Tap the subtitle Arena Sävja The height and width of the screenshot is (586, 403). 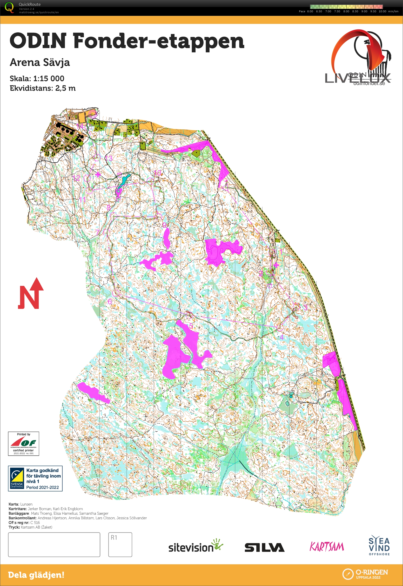(x=40, y=62)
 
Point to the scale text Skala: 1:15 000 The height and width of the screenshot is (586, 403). (x=37, y=79)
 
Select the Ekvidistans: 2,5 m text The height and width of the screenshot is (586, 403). (x=42, y=88)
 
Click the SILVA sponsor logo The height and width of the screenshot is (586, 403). (x=264, y=548)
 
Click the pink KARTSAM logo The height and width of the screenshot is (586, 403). (x=327, y=547)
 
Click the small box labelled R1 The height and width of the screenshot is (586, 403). (x=120, y=545)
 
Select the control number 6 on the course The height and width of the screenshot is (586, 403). (x=110, y=302)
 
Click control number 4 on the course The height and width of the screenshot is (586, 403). (x=282, y=337)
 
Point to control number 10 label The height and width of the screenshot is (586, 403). (x=157, y=172)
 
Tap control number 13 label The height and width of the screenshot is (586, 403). (x=108, y=159)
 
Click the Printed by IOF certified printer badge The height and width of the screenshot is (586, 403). (x=23, y=443)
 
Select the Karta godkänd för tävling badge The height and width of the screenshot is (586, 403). (x=35, y=478)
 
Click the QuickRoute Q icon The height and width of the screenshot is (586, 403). (x=9, y=7)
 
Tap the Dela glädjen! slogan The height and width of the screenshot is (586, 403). (x=36, y=575)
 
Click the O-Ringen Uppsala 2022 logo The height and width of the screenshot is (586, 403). (x=365, y=574)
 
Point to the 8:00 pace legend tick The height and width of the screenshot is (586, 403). (x=346, y=11)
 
